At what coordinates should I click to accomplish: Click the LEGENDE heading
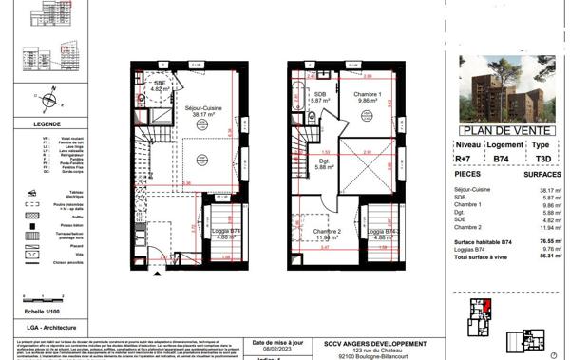46,123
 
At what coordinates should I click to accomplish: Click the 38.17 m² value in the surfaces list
548,189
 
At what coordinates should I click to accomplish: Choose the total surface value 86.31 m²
548,257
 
